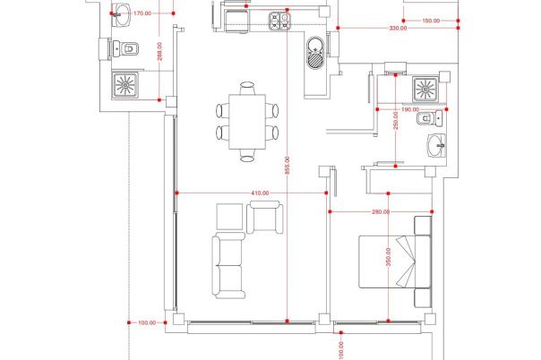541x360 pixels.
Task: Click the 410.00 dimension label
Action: [260, 193]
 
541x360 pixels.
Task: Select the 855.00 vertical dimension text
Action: [287, 165]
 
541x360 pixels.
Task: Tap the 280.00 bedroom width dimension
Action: [381, 211]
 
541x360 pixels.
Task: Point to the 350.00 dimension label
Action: [388, 257]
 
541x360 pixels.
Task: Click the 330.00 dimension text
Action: [399, 29]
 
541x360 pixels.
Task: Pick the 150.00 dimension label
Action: [431, 21]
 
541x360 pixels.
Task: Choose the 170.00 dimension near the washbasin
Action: [142, 13]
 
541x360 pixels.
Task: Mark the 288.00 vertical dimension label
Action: [159, 51]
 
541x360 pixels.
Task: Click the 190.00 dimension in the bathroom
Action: [410, 109]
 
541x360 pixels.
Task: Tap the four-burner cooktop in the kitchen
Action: [279, 21]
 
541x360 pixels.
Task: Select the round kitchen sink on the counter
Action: [314, 53]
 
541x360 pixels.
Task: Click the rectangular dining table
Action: [247, 122]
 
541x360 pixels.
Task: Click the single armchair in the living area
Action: [265, 218]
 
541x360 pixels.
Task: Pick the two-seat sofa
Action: [228, 265]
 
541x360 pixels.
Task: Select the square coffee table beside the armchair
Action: [230, 217]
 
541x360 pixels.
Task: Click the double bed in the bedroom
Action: [395, 261]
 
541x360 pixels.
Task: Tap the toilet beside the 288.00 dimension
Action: [125, 49]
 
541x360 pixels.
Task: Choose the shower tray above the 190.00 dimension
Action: [425, 90]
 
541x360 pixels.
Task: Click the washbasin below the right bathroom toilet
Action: [436, 145]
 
